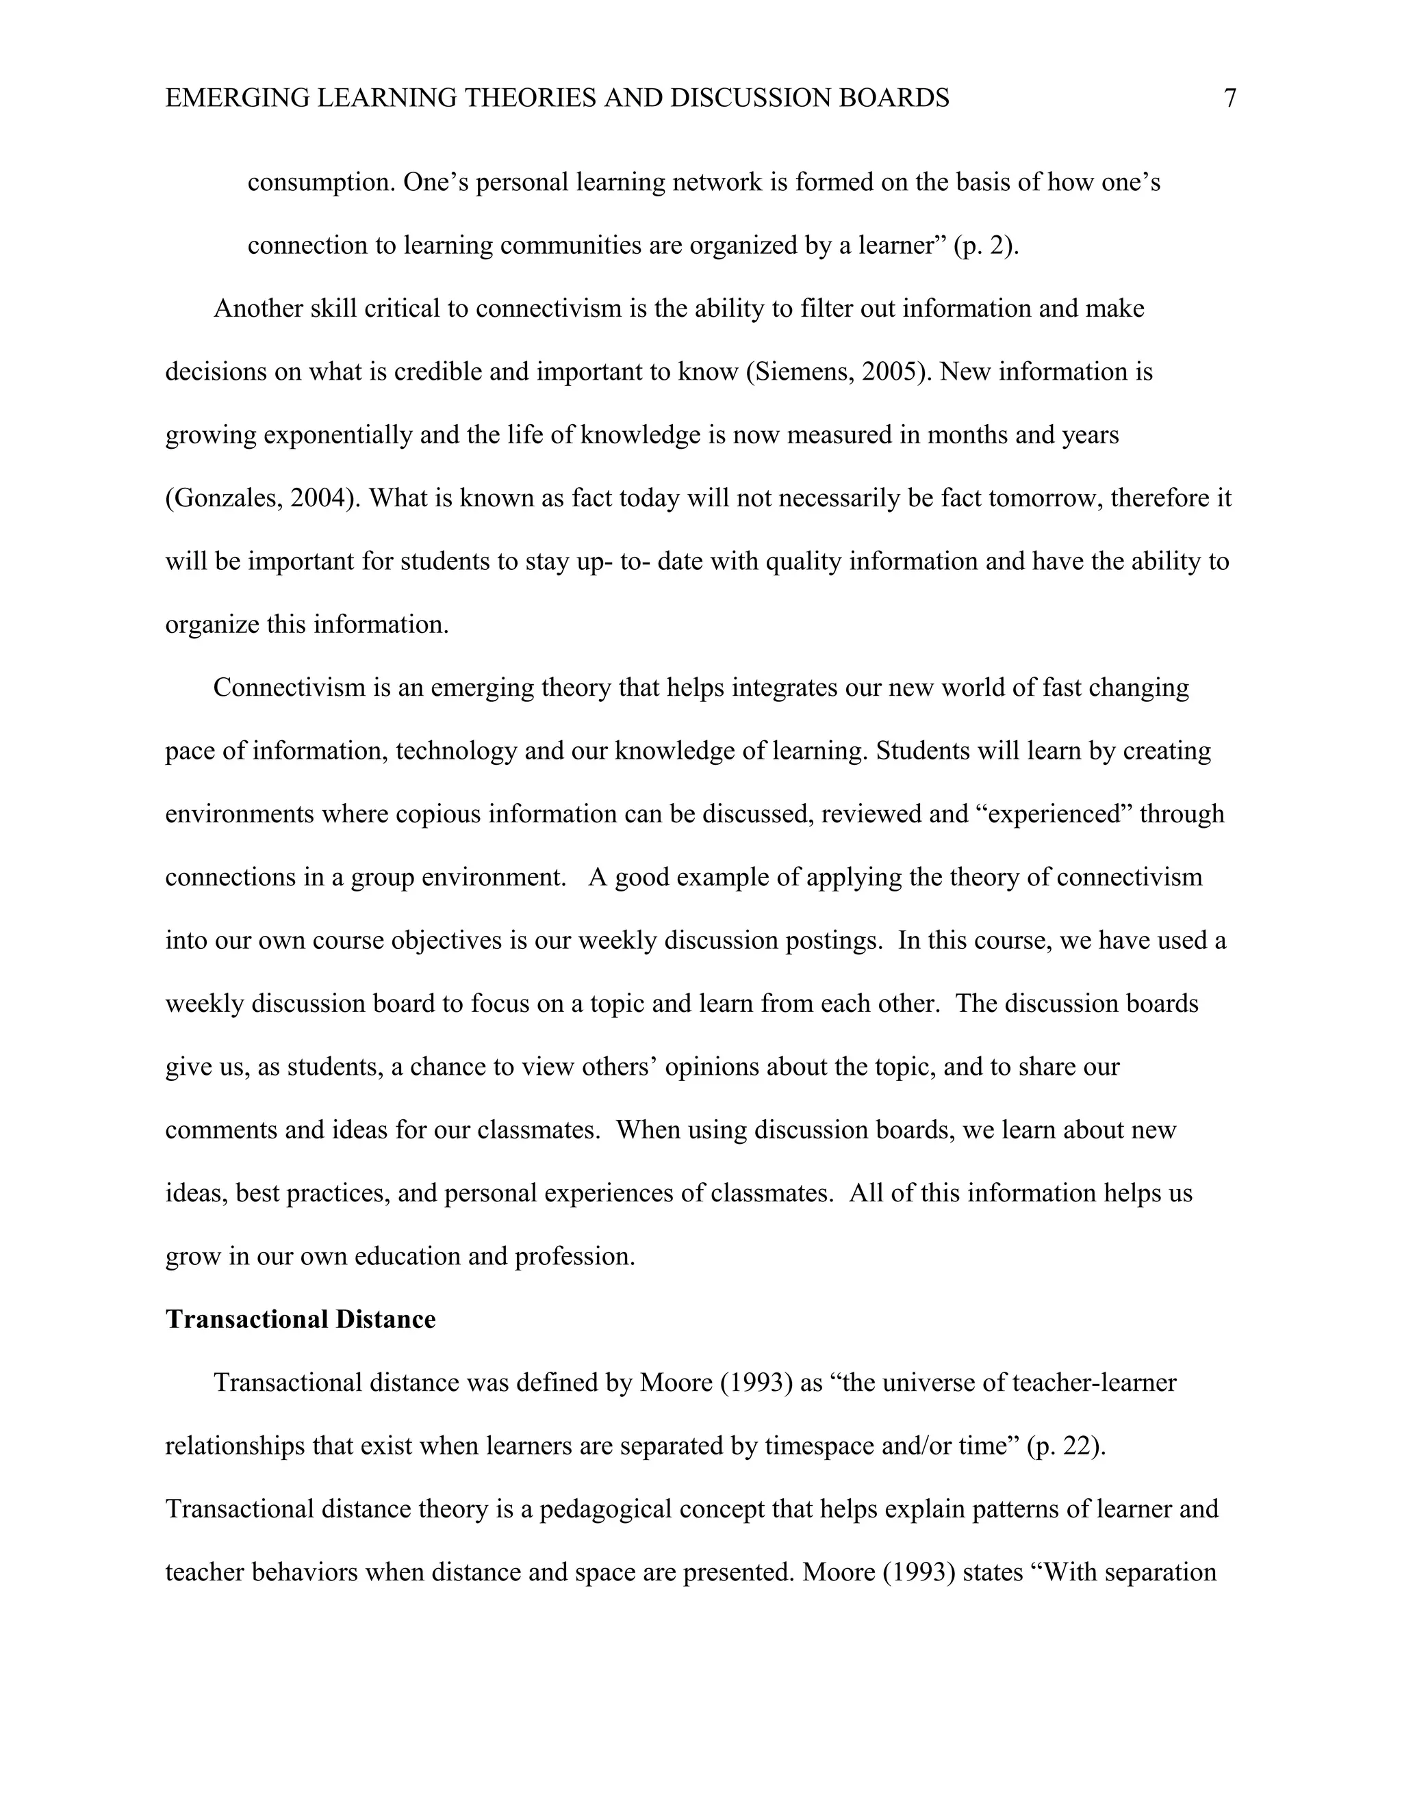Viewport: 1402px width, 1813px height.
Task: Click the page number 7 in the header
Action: pyautogui.click(x=1230, y=99)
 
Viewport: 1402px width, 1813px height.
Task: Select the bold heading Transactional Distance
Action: pyautogui.click(x=300, y=1320)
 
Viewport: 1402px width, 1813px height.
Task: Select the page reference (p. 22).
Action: pyautogui.click(x=1066, y=1446)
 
